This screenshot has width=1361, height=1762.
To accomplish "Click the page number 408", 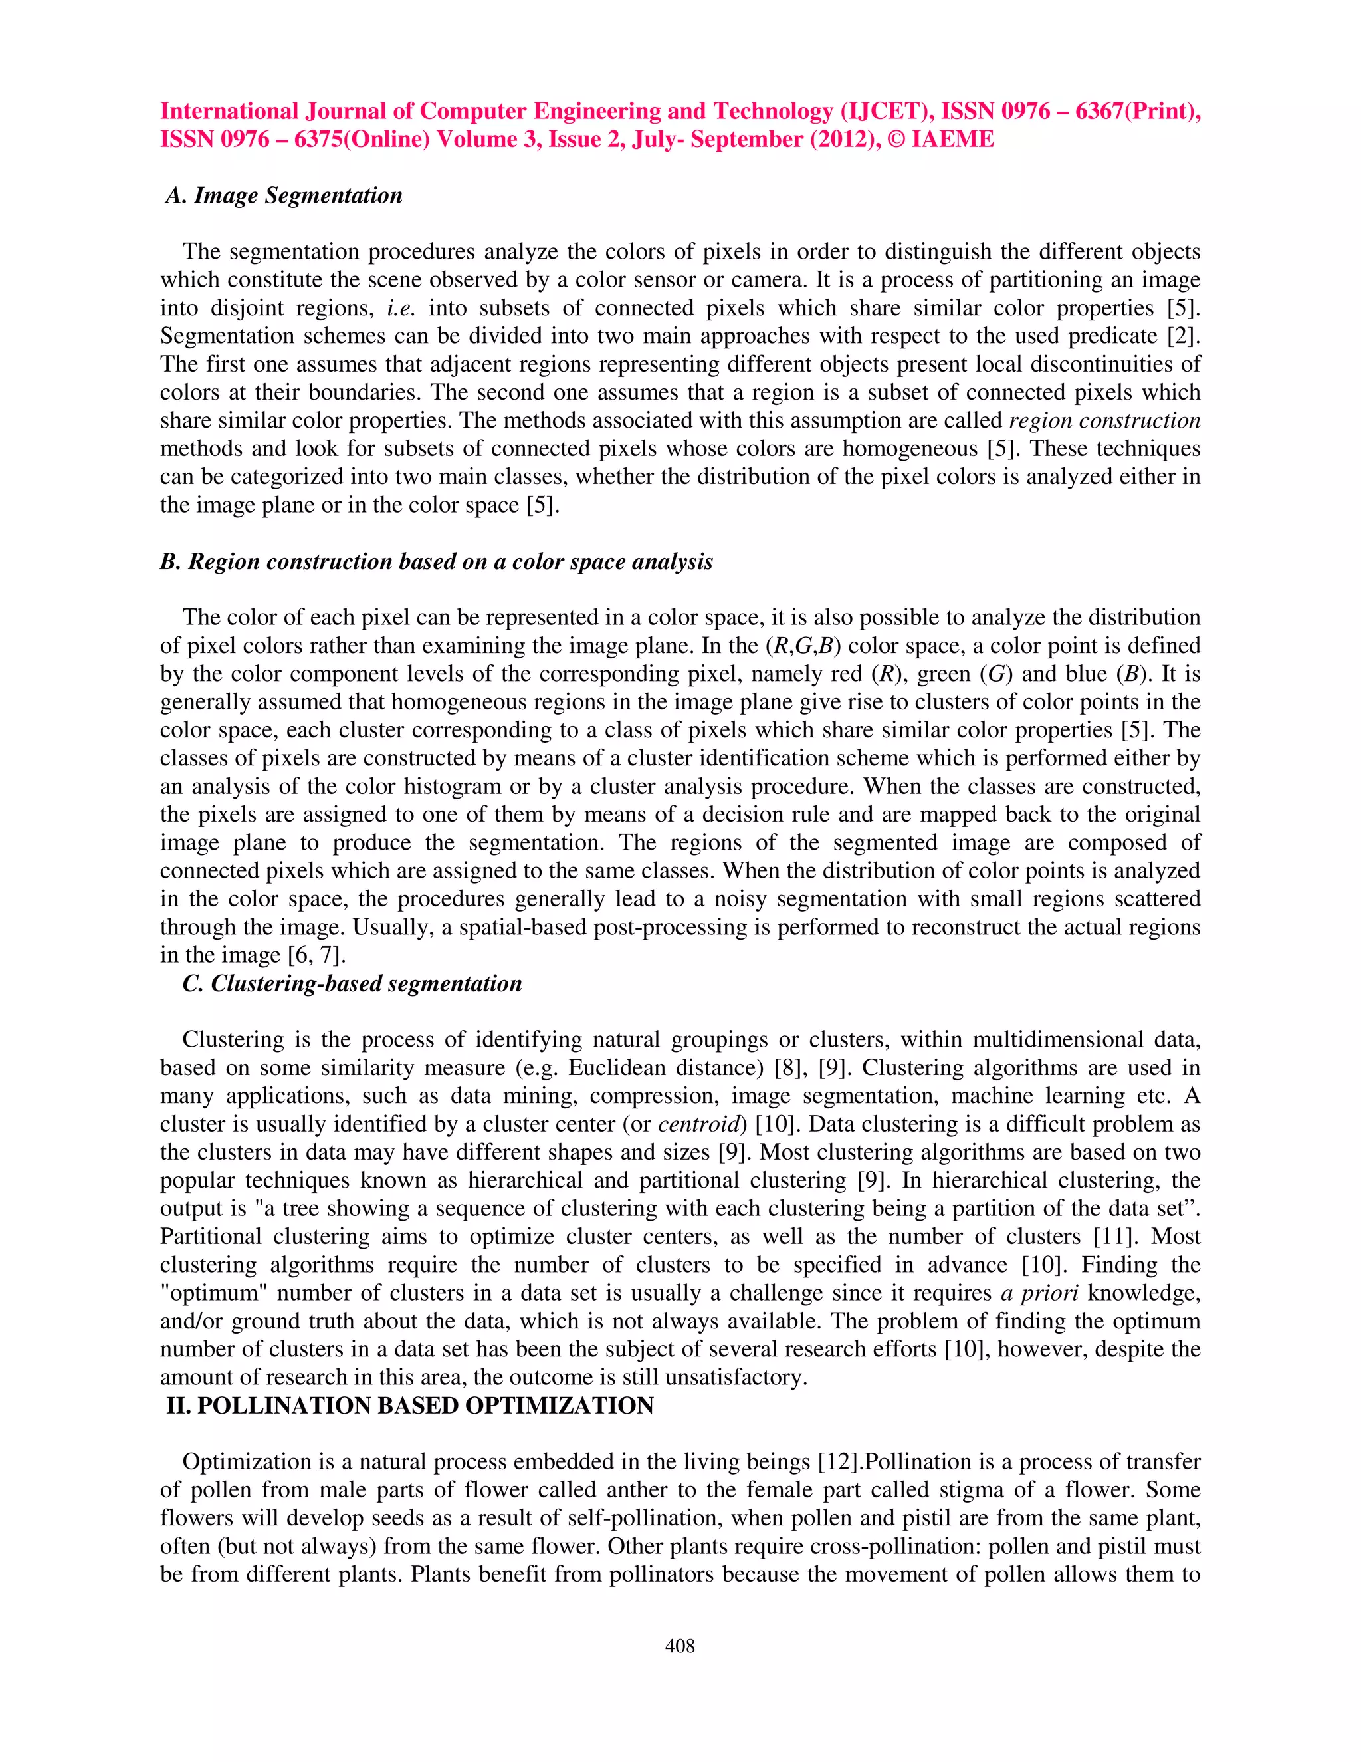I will [680, 1646].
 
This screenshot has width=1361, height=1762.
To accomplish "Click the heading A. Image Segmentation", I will [284, 196].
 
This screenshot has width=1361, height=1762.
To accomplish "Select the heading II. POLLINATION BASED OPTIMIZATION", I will [409, 1406].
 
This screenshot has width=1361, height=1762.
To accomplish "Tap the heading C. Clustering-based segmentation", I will [352, 983].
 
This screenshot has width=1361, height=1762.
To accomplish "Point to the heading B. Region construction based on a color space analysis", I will [436, 562].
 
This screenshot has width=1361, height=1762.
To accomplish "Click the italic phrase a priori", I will [1039, 1293].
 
